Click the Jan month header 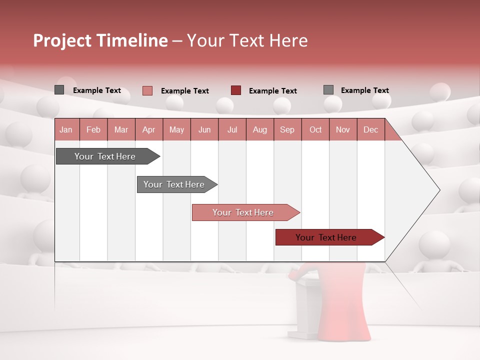[66, 129]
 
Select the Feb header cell [93, 129]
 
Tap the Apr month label [148, 129]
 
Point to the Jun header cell [204, 129]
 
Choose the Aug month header [259, 129]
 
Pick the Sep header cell [287, 129]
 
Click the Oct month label [315, 129]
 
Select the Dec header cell [370, 129]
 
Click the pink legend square [147, 90]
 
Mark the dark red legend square [236, 90]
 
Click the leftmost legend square [59, 90]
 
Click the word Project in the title [62, 40]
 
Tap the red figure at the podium [350, 300]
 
